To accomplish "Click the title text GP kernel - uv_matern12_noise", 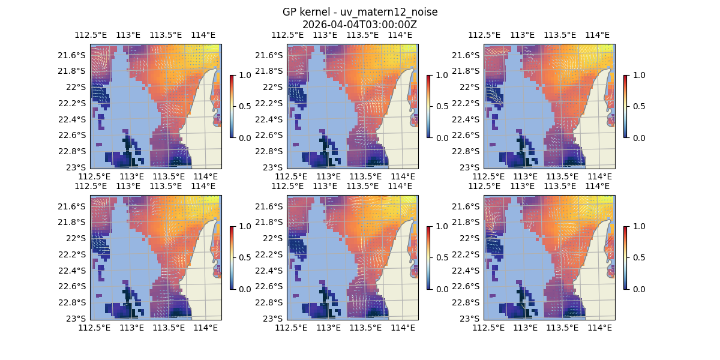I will click(x=359, y=13).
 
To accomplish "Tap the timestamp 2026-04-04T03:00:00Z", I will click(x=359, y=25).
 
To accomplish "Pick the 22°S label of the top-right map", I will click(x=472, y=87).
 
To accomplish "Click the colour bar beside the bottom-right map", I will click(x=625, y=257).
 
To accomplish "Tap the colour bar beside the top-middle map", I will click(x=428, y=106).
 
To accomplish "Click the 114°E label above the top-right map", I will click(x=596, y=35).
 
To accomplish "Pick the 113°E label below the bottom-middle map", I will click(x=328, y=328).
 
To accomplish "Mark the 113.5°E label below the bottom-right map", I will click(x=562, y=328).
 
